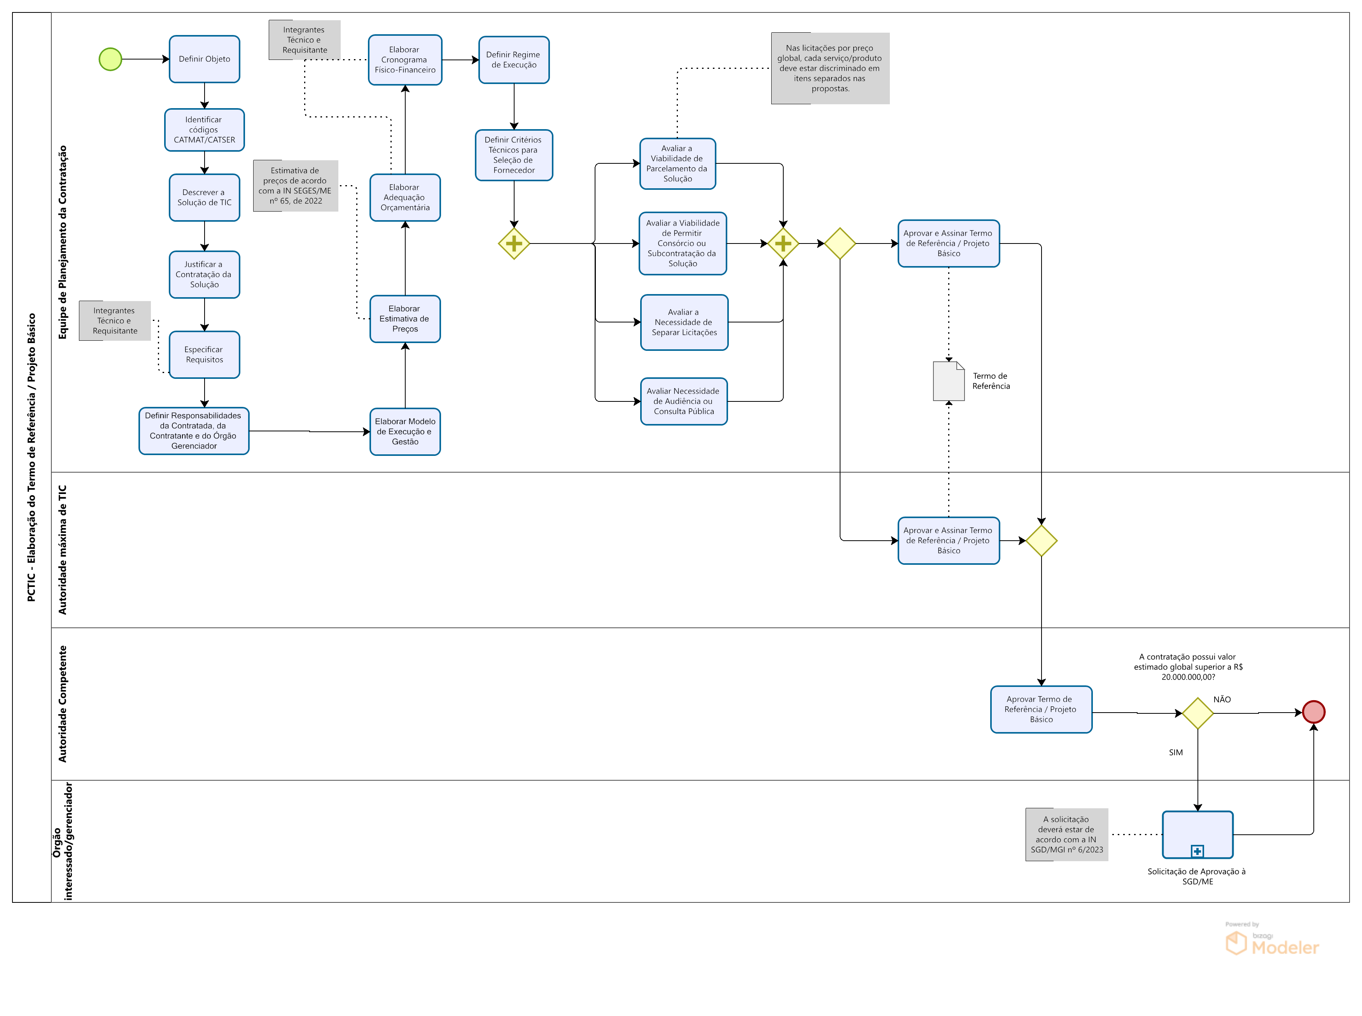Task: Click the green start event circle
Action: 111,60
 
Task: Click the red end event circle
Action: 1313,712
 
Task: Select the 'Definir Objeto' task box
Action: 204,59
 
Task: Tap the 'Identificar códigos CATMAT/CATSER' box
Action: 204,130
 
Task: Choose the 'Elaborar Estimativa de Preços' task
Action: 404,319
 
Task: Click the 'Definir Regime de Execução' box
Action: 513,60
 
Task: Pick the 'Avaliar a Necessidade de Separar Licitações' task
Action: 684,322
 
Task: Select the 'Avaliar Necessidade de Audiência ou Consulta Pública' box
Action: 684,401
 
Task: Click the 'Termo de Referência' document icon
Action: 948,381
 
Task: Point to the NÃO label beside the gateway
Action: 1222,699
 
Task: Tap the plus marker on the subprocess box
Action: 1197,851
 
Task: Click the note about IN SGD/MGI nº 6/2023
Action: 1067,835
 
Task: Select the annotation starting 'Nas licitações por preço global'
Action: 830,68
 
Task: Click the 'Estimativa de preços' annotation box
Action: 296,186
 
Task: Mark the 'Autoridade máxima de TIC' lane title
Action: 62,550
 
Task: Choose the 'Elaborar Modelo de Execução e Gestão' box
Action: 404,432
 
